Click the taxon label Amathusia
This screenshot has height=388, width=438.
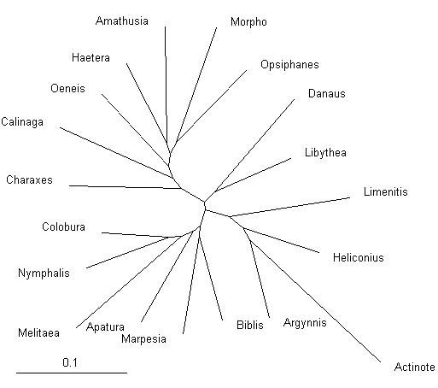(122, 21)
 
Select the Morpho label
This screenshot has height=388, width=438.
(248, 22)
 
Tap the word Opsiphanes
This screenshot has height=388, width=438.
(289, 65)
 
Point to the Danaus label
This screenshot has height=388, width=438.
(327, 94)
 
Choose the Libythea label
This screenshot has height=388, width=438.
(325, 153)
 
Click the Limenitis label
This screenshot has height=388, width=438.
(386, 191)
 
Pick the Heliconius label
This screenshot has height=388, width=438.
(359, 257)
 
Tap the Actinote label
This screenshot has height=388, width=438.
(415, 367)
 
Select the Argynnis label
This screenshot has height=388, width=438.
(305, 323)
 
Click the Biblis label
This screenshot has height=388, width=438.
(250, 325)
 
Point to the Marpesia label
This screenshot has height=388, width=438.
(143, 339)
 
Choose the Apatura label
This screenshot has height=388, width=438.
(105, 327)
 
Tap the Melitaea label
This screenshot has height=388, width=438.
(38, 332)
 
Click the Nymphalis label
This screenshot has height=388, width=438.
(44, 273)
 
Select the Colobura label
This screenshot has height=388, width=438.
(63, 227)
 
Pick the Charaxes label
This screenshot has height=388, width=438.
(29, 180)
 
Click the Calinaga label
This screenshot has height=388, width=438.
(22, 122)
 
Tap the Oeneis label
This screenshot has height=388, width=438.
(67, 88)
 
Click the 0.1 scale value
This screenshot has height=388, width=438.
(70, 362)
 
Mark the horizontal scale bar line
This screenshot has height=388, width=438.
(72, 373)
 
